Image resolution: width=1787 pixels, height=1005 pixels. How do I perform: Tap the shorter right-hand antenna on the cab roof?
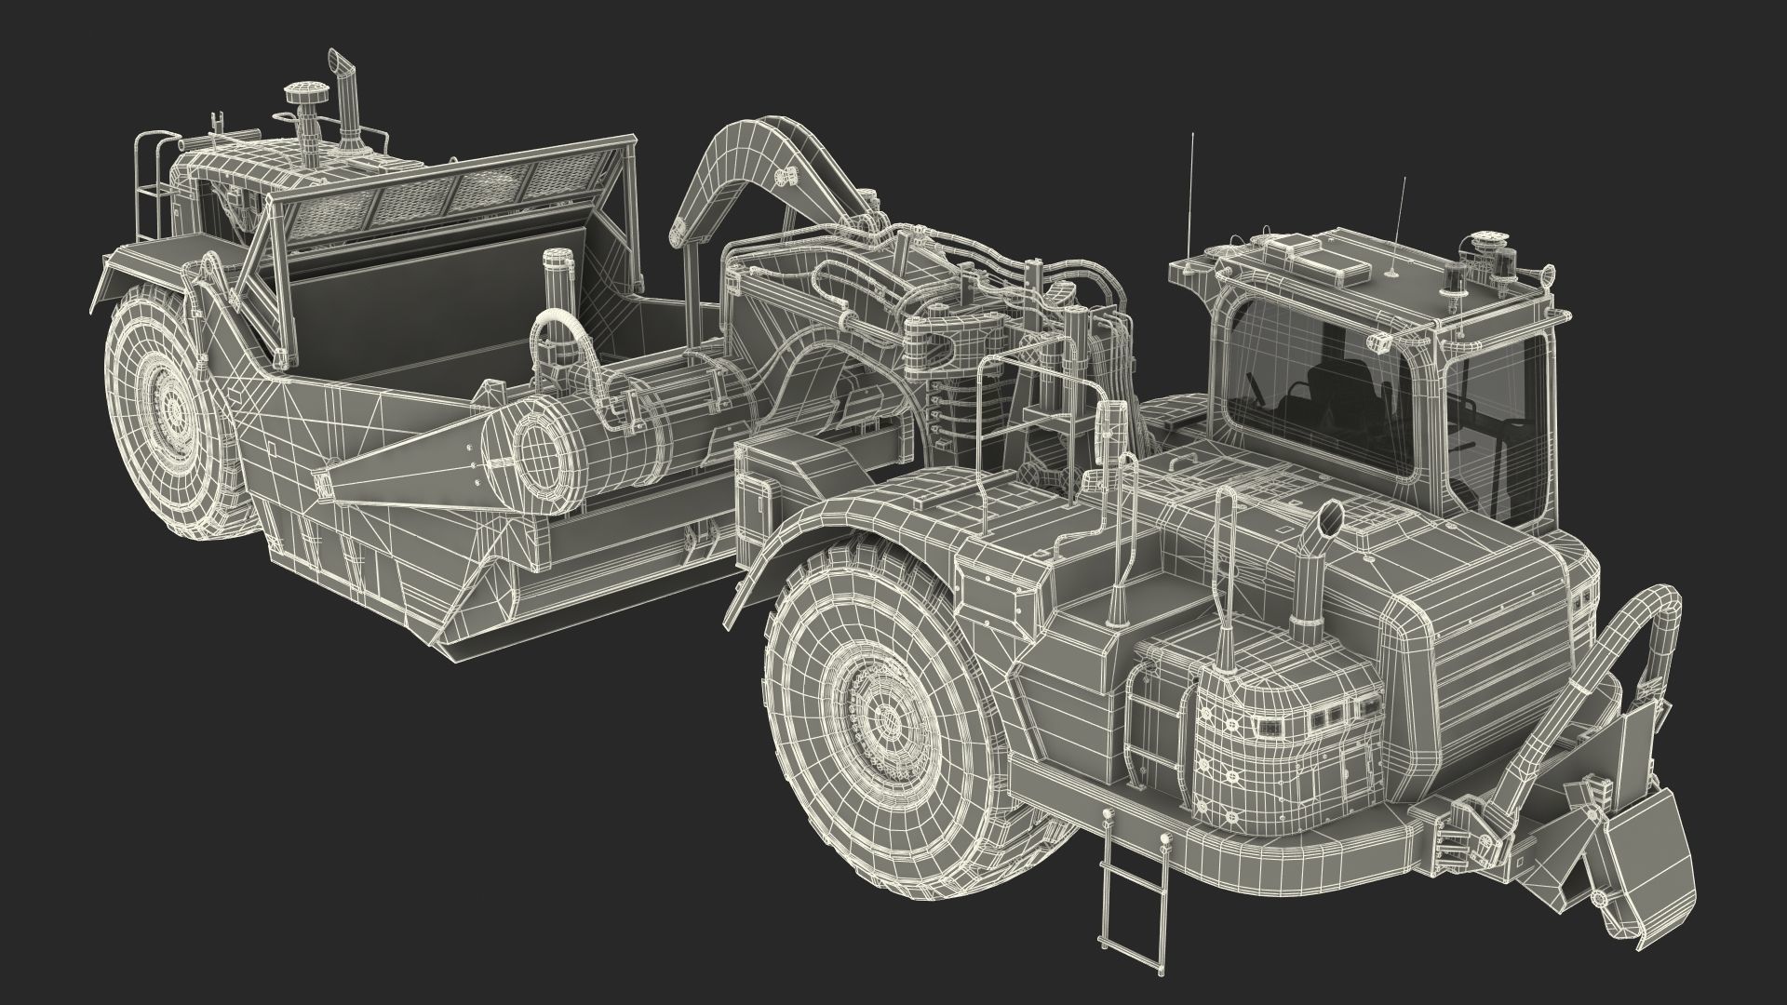(1399, 228)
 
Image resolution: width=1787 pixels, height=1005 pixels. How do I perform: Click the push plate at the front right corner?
(1638, 875)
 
